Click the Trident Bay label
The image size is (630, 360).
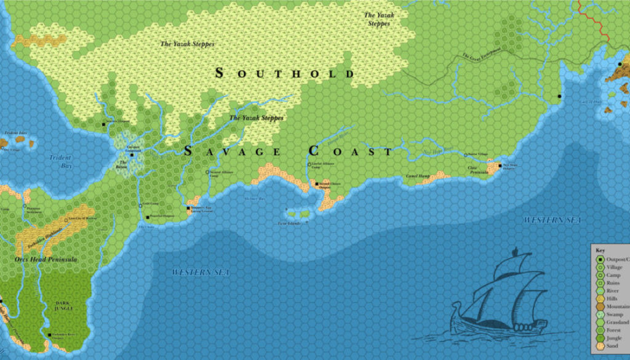point(60,162)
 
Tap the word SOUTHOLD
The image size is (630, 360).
point(285,74)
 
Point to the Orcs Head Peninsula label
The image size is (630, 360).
point(46,260)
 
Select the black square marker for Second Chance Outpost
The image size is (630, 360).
point(316,183)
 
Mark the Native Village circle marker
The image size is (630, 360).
point(465,154)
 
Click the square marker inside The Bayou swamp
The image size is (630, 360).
point(132,155)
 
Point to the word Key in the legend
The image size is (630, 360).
point(600,250)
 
